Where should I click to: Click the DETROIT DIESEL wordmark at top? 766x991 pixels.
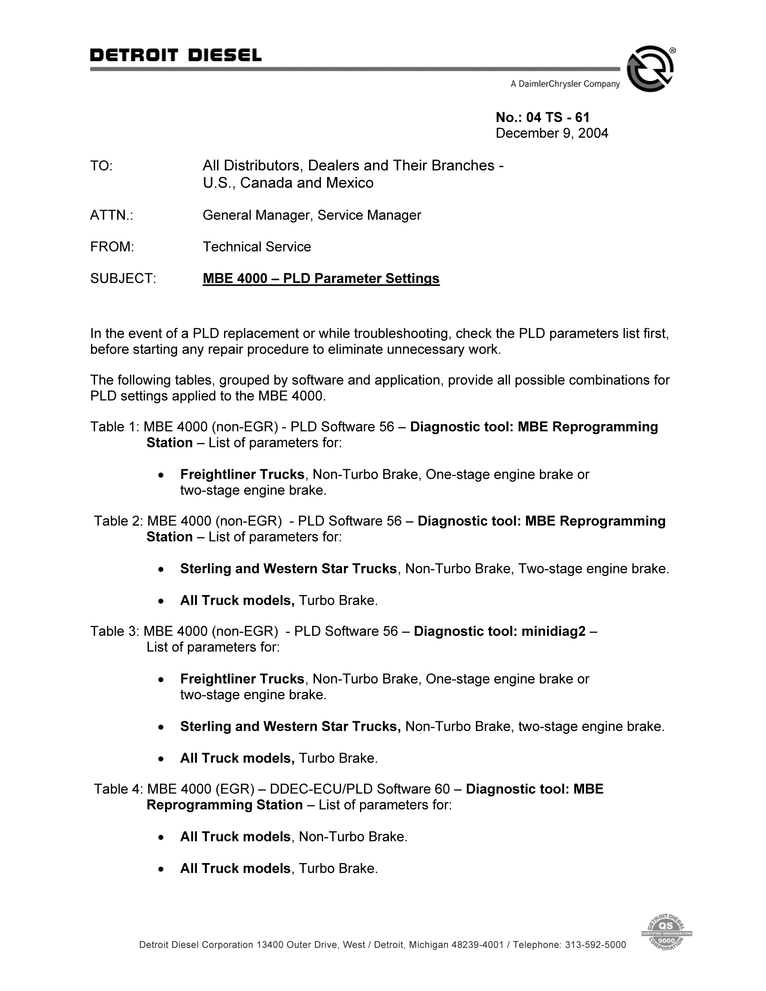point(176,55)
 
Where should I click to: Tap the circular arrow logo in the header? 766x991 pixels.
point(650,69)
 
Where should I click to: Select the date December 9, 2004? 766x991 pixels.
point(552,133)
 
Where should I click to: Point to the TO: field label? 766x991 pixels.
point(101,166)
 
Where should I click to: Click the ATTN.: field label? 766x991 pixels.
point(112,215)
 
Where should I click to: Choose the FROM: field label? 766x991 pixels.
point(112,247)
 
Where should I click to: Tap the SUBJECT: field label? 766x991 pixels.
point(123,278)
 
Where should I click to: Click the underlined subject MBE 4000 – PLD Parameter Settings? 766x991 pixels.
point(321,278)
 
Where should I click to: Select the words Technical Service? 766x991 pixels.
point(257,247)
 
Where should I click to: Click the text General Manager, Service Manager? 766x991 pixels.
point(312,215)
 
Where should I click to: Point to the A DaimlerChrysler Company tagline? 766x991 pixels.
point(565,84)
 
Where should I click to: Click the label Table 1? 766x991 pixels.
point(115,427)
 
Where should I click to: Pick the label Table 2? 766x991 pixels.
point(119,521)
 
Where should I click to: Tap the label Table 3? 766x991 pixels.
point(115,631)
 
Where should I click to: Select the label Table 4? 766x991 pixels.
point(119,789)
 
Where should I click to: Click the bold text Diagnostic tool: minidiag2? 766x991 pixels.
point(500,631)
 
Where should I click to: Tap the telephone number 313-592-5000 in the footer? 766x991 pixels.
point(595,945)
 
